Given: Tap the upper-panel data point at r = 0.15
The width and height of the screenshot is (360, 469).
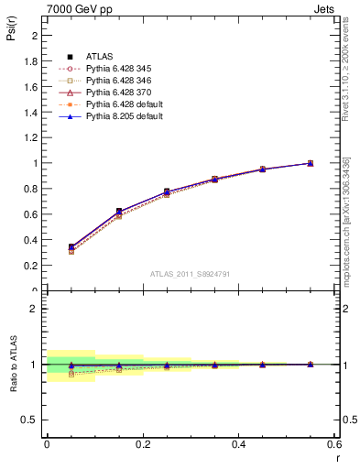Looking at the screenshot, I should (118, 212).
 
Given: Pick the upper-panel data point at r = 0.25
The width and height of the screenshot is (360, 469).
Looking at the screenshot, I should (166, 191).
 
